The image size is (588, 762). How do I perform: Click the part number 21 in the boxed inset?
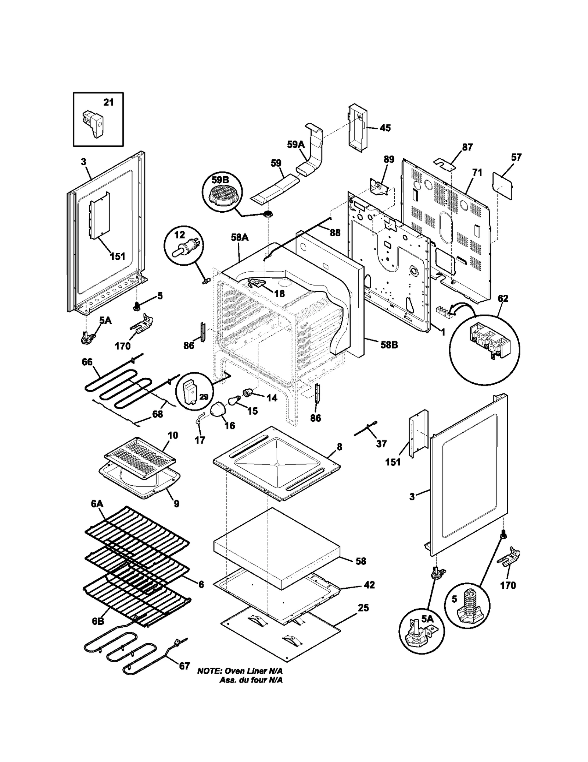click(x=108, y=102)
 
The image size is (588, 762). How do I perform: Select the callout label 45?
click(x=385, y=128)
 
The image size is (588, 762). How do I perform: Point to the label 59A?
click(x=296, y=144)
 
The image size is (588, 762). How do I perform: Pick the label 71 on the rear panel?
click(x=477, y=172)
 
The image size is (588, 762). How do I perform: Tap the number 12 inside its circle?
click(x=179, y=235)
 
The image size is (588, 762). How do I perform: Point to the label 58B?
click(x=389, y=345)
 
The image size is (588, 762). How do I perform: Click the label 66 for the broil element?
click(x=87, y=362)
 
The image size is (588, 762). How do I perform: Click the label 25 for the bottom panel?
click(x=363, y=608)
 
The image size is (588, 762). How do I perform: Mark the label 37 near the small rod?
click(x=381, y=443)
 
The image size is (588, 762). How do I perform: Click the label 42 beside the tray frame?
click(x=369, y=585)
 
